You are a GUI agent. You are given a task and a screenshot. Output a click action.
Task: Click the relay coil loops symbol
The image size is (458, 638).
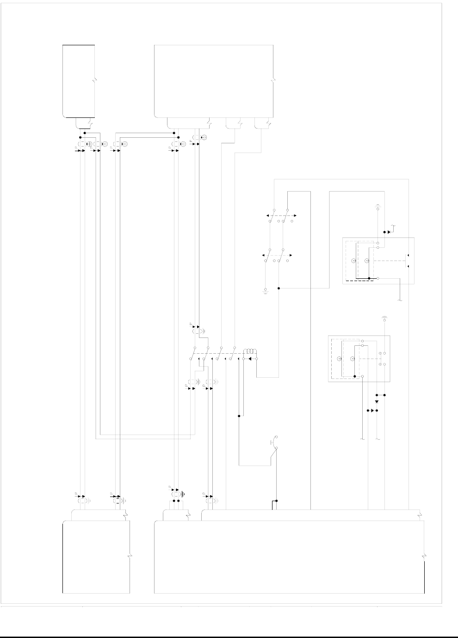(250, 350)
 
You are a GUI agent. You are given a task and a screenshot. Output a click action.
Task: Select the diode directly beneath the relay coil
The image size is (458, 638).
(250, 358)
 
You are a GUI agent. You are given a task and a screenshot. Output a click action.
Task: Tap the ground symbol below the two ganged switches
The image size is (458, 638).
(266, 291)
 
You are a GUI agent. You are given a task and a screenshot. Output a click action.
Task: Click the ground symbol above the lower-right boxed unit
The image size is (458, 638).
(384, 318)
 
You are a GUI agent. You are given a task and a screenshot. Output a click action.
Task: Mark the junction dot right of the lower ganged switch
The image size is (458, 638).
(279, 288)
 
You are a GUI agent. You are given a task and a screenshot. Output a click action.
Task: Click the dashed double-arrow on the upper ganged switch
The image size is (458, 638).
(280, 215)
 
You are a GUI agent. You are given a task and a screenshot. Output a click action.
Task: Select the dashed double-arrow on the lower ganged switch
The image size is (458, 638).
(277, 255)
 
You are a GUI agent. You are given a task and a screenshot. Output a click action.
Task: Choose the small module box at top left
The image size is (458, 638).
(79, 81)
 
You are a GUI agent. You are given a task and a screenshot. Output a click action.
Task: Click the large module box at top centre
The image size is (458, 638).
(214, 81)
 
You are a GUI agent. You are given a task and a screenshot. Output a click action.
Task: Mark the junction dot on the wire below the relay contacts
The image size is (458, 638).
(239, 416)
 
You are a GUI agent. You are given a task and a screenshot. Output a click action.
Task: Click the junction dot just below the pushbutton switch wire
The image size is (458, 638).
(277, 501)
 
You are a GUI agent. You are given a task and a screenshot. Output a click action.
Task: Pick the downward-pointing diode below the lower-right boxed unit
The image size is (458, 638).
(377, 402)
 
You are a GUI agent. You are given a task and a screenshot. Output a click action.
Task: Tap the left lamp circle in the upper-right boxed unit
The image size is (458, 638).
(353, 262)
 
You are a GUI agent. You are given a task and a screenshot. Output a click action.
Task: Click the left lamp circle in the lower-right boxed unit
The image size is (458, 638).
(339, 359)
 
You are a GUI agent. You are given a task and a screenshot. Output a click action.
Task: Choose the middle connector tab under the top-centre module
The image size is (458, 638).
(235, 123)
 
